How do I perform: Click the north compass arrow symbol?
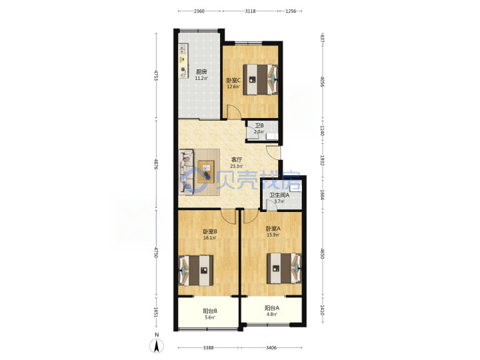pyautogui.click(x=157, y=346)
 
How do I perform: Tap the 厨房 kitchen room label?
pyautogui.click(x=201, y=72)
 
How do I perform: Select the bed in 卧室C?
pyautogui.click(x=260, y=79)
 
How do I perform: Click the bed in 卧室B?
pyautogui.click(x=196, y=271)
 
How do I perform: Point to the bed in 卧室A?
pyautogui.click(x=284, y=268)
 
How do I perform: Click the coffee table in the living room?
pyautogui.click(x=206, y=172)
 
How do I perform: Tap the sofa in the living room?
pyautogui.click(x=187, y=172)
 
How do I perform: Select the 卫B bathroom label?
pyautogui.click(x=259, y=125)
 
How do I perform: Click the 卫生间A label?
pyautogui.click(x=279, y=195)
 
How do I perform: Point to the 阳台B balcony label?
pyautogui.click(x=210, y=311)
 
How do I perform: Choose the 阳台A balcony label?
pyautogui.click(x=272, y=308)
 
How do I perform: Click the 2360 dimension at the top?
pyautogui.click(x=199, y=11)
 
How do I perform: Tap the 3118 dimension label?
pyautogui.click(x=251, y=11)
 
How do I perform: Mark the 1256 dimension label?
pyautogui.click(x=291, y=11)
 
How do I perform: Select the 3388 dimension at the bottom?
pyautogui.click(x=209, y=348)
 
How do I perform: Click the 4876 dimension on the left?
pyautogui.click(x=156, y=165)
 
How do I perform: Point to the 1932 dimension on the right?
pyautogui.click(x=322, y=161)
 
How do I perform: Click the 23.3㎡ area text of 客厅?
pyautogui.click(x=237, y=167)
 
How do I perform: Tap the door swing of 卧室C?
pyautogui.click(x=234, y=112)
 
